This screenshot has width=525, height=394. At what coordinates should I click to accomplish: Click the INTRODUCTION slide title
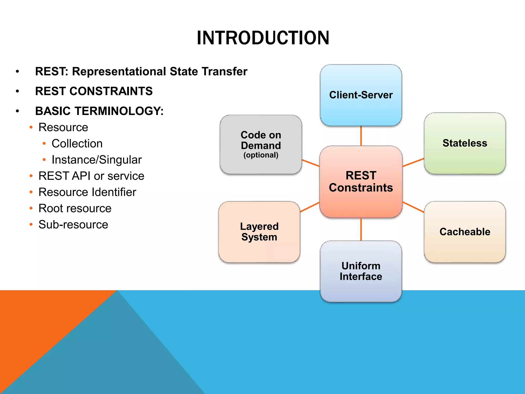[x=263, y=38]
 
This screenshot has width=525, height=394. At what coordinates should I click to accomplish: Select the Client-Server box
[x=361, y=95]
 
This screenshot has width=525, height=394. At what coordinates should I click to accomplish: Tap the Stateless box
[x=465, y=143]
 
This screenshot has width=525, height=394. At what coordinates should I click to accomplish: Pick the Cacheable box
[x=465, y=232]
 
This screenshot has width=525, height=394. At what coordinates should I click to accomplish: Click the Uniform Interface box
[x=361, y=271]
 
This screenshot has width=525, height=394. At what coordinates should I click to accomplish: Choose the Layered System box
[x=259, y=232]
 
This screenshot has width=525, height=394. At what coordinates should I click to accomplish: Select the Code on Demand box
[x=261, y=144]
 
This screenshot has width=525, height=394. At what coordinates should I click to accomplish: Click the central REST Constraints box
[x=361, y=182]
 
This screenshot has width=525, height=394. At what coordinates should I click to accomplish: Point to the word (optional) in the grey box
[x=261, y=155]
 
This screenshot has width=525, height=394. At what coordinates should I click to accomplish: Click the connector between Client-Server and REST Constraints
[x=361, y=136]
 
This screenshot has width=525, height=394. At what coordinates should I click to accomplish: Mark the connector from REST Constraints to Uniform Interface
[x=361, y=229]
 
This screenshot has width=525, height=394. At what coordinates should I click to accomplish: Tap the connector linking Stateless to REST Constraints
[x=413, y=162]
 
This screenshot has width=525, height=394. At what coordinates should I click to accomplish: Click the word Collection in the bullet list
[x=77, y=143]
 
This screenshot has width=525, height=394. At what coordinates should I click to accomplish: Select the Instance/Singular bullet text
[x=96, y=160]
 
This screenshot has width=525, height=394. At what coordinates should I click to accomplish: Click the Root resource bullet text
[x=75, y=208]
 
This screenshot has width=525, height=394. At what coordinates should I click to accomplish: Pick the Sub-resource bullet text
[x=73, y=224]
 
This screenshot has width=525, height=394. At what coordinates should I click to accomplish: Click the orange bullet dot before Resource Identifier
[x=31, y=192]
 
